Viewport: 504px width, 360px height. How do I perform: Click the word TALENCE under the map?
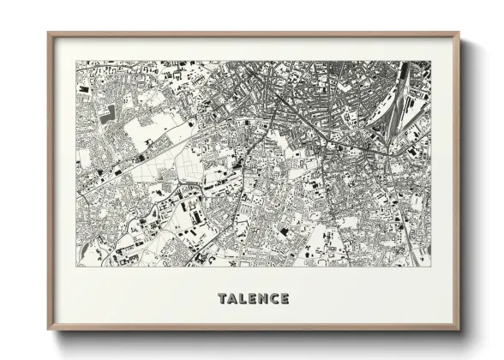pyautogui.click(x=253, y=298)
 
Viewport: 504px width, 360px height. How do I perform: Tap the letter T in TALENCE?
pyautogui.click(x=223, y=298)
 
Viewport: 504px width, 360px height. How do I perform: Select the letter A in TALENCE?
pyautogui.click(x=232, y=298)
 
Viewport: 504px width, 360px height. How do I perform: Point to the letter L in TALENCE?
pyautogui.click(x=243, y=298)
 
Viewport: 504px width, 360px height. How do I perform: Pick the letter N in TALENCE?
pyautogui.click(x=263, y=298)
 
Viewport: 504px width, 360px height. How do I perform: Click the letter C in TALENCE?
pyautogui.click(x=273, y=298)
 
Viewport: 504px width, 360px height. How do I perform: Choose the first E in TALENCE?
pyautogui.click(x=253, y=298)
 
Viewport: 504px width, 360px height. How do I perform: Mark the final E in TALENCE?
pyautogui.click(x=284, y=298)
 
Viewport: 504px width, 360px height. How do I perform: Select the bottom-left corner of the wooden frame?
pyautogui.click(x=48, y=330)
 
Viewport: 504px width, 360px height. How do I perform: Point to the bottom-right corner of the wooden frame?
pyautogui.click(x=459, y=330)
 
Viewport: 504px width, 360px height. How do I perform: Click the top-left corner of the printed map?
pyautogui.click(x=76, y=61)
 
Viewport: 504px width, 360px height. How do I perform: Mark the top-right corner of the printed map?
pyautogui.click(x=430, y=61)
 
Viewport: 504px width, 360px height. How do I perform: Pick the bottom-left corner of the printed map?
pyautogui.click(x=76, y=266)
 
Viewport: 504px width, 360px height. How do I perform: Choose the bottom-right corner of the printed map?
pyautogui.click(x=430, y=266)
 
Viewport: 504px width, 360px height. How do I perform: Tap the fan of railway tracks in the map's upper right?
pyautogui.click(x=403, y=99)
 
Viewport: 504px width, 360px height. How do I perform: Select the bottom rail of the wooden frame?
pyautogui.click(x=253, y=329)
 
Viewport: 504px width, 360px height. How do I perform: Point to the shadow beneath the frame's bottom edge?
pyautogui.click(x=257, y=338)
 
